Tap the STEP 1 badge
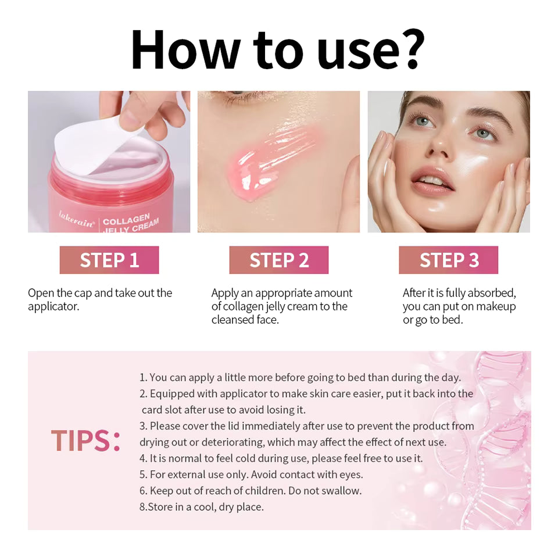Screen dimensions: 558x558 (109, 260)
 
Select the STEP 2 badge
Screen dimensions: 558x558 (279, 260)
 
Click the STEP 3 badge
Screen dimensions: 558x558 (448, 260)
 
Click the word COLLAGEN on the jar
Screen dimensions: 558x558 (126, 220)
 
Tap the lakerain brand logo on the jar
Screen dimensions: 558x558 (76, 222)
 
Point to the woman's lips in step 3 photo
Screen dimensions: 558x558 (431, 183)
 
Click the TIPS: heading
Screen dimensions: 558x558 (85, 441)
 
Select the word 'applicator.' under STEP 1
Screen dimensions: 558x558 (53, 306)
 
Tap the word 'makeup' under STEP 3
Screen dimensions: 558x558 (495, 306)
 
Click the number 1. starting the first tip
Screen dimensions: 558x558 (144, 378)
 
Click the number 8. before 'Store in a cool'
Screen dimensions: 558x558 (143, 507)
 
